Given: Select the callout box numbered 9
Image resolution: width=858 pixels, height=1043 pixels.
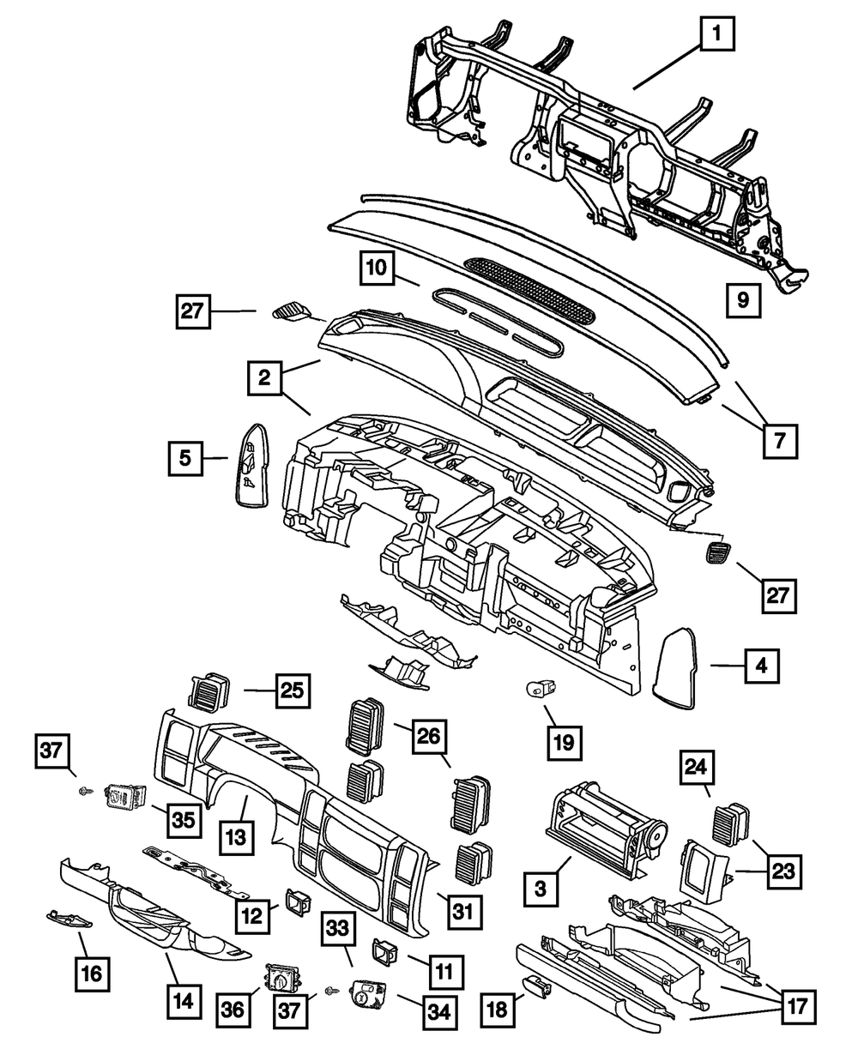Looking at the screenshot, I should tap(742, 300).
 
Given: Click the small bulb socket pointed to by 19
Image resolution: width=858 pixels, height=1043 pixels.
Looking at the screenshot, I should tap(541, 687).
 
